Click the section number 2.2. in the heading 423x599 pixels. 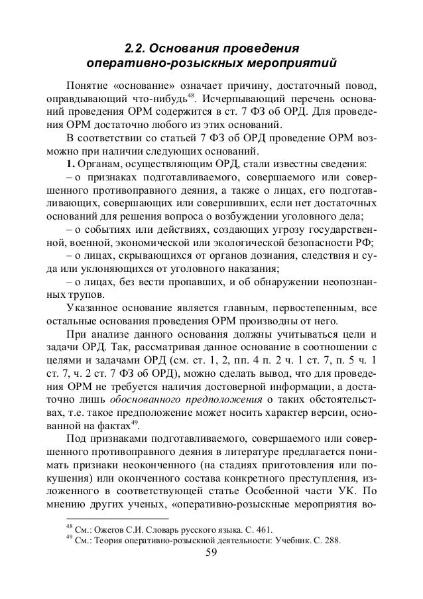[x=137, y=48]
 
